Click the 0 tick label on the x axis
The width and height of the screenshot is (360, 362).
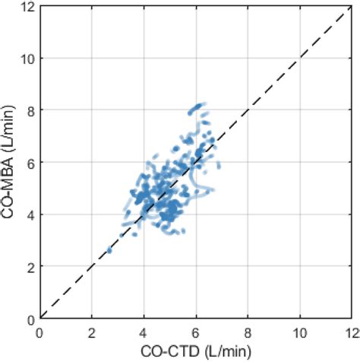pyautogui.click(x=39, y=332)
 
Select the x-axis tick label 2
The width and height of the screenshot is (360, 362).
pyautogui.click(x=91, y=332)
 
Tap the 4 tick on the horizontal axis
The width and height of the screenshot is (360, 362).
pyautogui.click(x=144, y=332)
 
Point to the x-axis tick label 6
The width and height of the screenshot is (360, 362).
pyautogui.click(x=195, y=332)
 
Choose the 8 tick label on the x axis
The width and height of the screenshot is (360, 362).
pyautogui.click(x=247, y=332)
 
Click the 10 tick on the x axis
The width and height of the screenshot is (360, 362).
pyautogui.click(x=298, y=332)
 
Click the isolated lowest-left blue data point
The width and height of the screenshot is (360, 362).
pyautogui.click(x=109, y=249)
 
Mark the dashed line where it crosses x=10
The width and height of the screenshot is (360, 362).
pyautogui.click(x=298, y=59)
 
